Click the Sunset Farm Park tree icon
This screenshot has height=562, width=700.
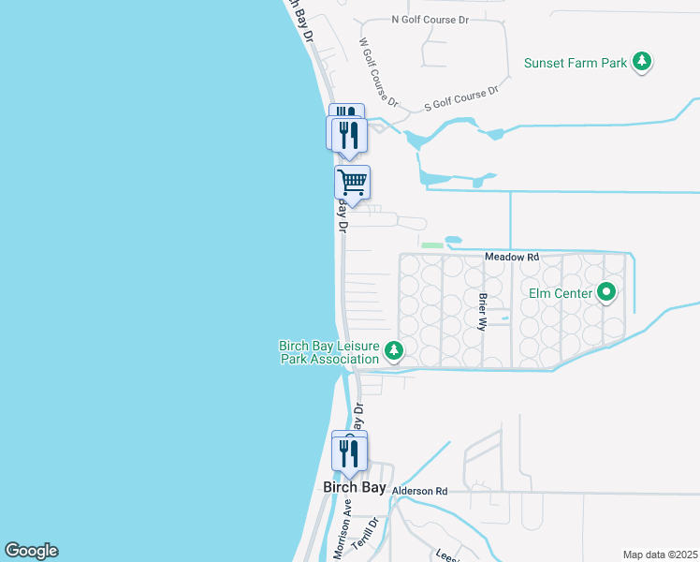click(641, 63)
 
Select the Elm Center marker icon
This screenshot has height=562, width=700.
click(606, 293)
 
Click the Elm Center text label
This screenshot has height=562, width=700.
click(560, 294)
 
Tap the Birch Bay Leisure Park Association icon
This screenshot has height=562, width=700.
click(394, 351)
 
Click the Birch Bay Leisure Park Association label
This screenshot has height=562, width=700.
click(329, 351)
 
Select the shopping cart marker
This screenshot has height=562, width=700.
click(352, 181)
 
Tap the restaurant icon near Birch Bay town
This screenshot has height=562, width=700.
click(349, 451)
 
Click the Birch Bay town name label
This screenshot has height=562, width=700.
click(354, 488)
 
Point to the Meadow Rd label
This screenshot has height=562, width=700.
click(512, 257)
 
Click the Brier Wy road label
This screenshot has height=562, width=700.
click(483, 312)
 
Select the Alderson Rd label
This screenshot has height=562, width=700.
click(420, 491)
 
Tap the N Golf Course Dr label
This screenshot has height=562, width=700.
click(425, 19)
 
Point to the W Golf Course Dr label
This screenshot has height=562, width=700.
click(378, 71)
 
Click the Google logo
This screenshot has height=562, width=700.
click(31, 551)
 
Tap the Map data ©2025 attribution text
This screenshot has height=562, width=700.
click(659, 555)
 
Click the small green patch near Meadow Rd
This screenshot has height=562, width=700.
click(431, 245)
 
